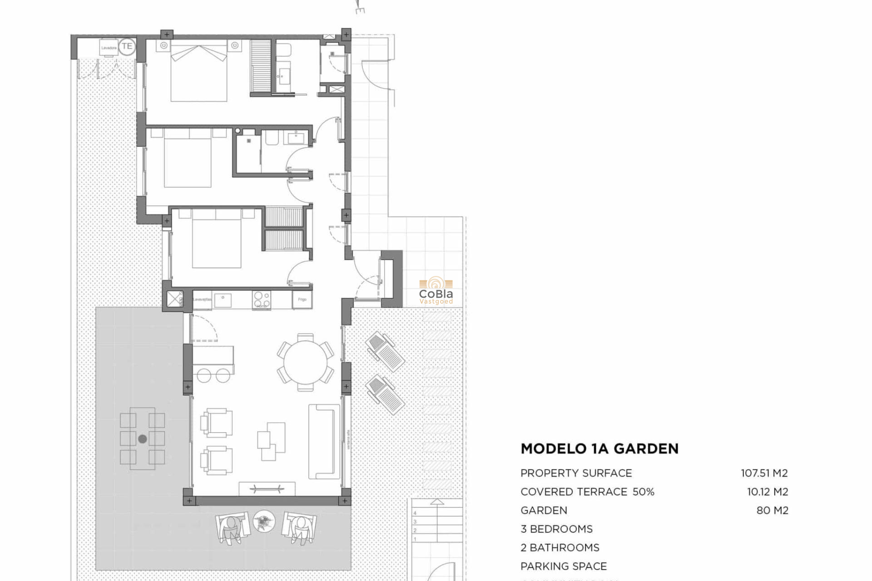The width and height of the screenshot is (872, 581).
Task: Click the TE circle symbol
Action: pos(127,46)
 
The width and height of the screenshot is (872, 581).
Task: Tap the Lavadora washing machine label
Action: pos(109,48)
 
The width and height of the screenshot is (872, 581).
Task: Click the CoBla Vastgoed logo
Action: pos(436,291)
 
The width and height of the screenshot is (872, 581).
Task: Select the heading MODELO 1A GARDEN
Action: pos(599,449)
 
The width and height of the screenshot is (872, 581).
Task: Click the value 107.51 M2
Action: pos(764,473)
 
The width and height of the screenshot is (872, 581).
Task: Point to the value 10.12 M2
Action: pos(767,492)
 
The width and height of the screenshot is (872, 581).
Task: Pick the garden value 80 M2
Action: pos(772,510)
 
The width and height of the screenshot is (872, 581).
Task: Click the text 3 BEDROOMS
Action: pos(556,529)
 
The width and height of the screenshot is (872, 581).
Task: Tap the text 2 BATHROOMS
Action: pos(560,547)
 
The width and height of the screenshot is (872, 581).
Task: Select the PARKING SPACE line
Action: pos(563,566)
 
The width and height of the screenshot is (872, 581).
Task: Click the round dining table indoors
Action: pos(306,362)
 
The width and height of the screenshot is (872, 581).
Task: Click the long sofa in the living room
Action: pos(324,442)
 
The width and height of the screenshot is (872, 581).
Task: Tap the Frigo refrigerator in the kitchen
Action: pos(302,300)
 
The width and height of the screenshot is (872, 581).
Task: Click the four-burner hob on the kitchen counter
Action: pos(262,300)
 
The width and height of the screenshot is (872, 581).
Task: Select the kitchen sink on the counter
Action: pos(223,300)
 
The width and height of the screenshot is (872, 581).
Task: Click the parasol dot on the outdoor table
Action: pos(143,439)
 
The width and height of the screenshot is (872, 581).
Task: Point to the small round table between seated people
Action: pos(264,521)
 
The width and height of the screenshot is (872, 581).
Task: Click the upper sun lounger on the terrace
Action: pos(385,352)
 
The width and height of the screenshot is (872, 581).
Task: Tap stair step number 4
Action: pos(415,513)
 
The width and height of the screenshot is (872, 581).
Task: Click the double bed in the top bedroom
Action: pos(198,73)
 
